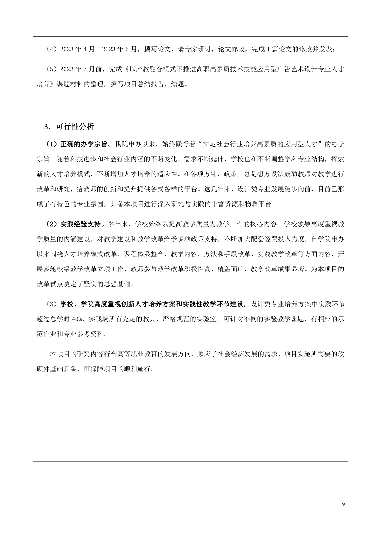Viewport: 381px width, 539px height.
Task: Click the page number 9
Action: click(x=343, y=504)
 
